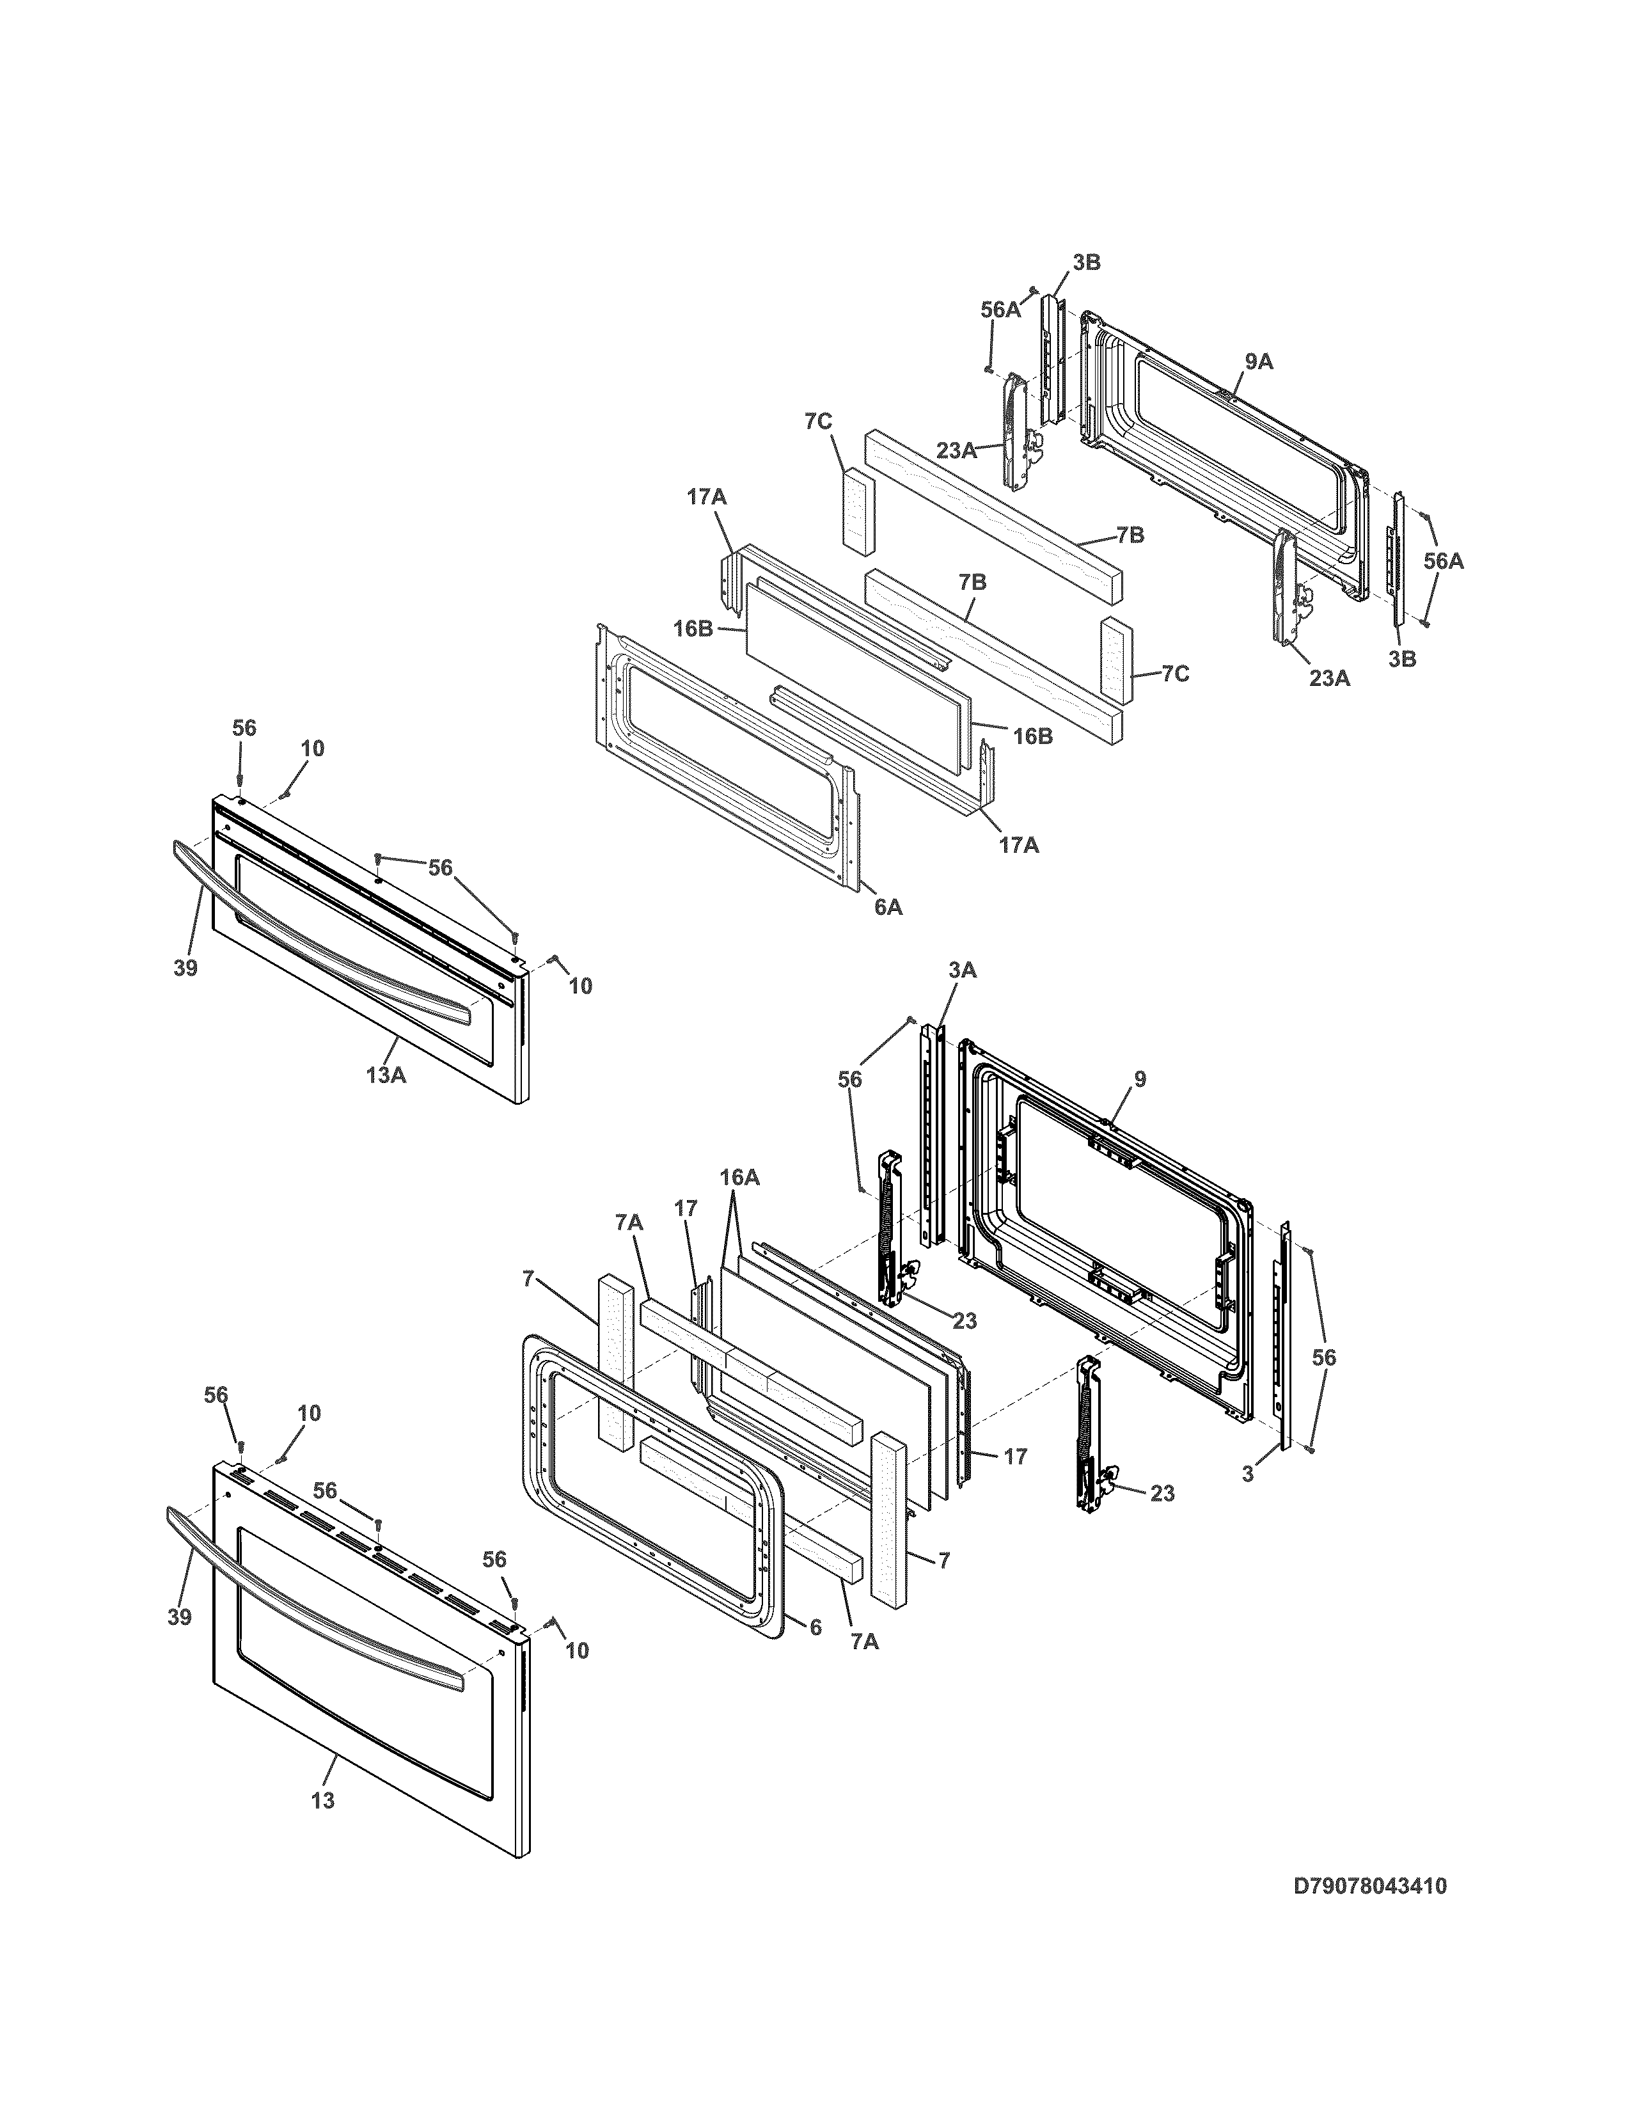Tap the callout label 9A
[1258, 363]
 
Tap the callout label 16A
[739, 1177]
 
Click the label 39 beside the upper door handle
[185, 967]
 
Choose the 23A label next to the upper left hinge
[956, 450]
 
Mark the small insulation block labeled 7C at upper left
[856, 510]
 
